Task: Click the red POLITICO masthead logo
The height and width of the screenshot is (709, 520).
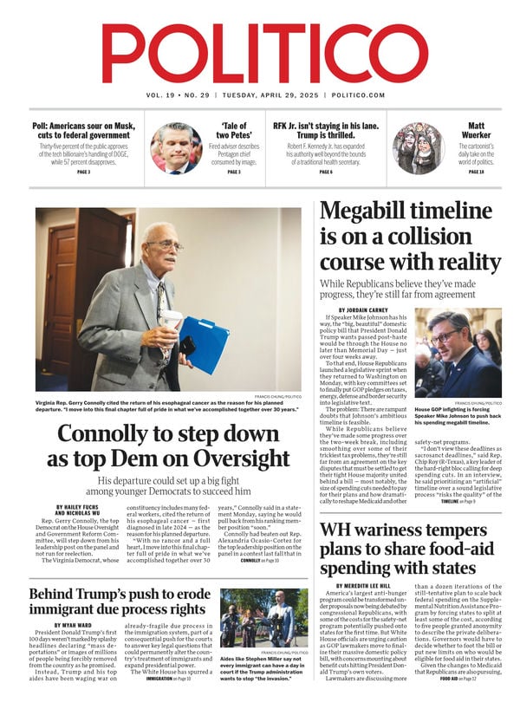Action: [x=260, y=53]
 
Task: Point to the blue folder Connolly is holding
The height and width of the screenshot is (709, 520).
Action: [x=203, y=343]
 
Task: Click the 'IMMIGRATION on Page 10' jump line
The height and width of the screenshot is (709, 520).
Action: [x=167, y=702]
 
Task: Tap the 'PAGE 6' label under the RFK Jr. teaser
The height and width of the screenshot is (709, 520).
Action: [x=326, y=172]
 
